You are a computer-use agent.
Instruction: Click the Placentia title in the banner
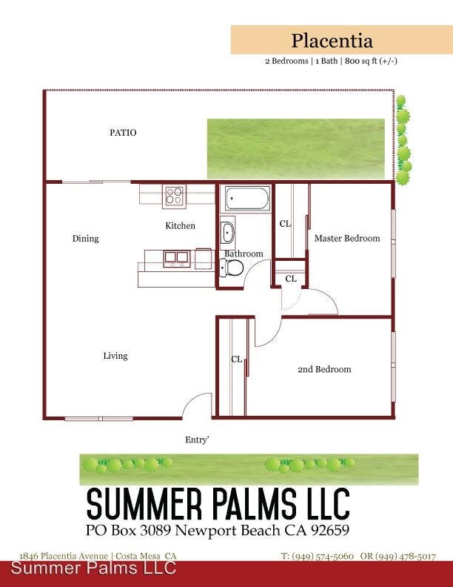click(x=332, y=41)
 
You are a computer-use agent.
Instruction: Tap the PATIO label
click(x=123, y=133)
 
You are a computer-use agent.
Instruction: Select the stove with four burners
click(x=174, y=196)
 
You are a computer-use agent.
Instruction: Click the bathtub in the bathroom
click(x=247, y=199)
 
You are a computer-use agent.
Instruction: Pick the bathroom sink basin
click(x=228, y=233)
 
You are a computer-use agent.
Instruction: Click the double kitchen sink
click(x=176, y=258)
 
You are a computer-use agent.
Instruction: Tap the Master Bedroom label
click(x=347, y=239)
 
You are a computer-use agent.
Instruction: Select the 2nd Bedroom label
click(x=324, y=370)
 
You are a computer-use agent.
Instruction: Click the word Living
click(x=115, y=356)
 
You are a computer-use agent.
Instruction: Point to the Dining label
click(x=86, y=239)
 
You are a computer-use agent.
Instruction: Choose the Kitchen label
click(x=180, y=226)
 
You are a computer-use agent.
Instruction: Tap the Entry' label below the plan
click(x=197, y=440)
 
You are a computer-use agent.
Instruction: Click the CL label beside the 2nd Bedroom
click(x=237, y=359)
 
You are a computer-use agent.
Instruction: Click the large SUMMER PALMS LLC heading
click(x=218, y=503)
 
